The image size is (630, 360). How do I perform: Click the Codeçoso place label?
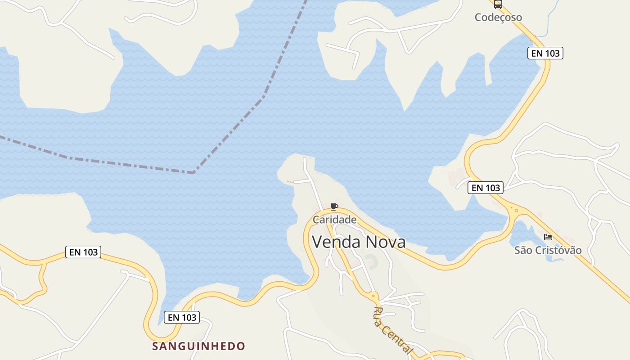498,18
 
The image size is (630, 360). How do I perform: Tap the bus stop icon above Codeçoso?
498,4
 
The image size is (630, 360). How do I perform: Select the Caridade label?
334,220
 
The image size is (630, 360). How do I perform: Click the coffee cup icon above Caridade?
334,207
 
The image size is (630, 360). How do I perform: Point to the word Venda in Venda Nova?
336,242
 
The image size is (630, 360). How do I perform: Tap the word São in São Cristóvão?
523,250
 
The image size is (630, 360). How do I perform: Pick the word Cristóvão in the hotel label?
558,250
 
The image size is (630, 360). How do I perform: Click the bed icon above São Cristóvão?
548,237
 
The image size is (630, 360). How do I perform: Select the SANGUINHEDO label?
198,346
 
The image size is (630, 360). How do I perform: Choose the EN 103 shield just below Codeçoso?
545,53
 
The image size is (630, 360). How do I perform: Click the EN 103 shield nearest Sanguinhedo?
182,317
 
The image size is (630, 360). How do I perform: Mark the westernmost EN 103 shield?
83,252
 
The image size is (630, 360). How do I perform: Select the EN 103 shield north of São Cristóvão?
486,188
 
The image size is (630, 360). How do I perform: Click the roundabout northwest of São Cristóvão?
516,210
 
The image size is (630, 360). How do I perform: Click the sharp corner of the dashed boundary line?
193,172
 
